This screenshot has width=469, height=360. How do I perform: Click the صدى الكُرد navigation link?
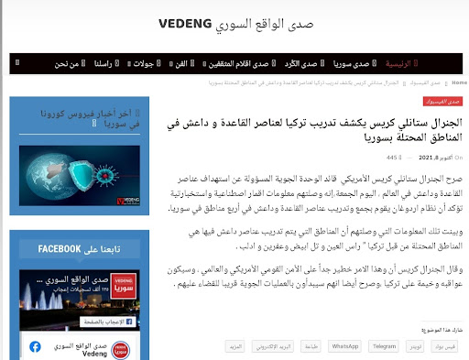coord(298,64)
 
